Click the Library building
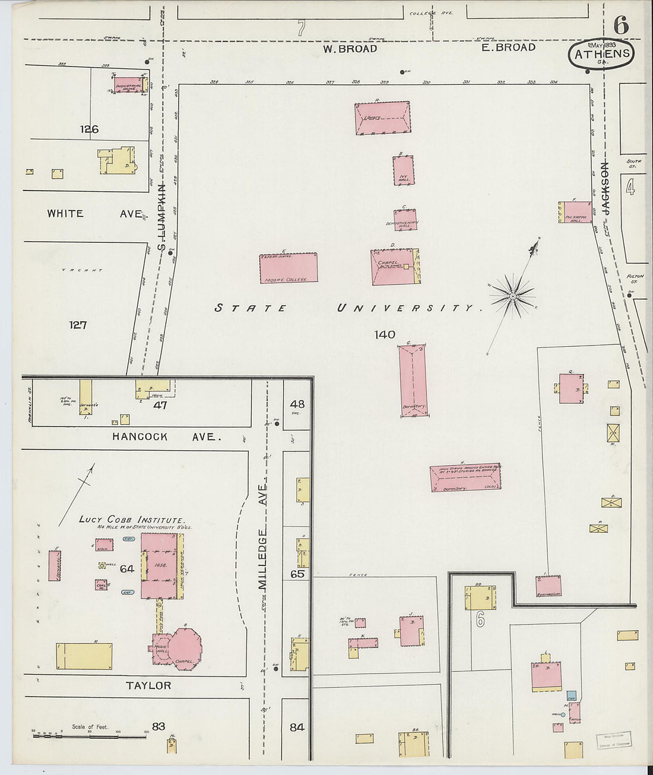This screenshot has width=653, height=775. pyautogui.click(x=382, y=118)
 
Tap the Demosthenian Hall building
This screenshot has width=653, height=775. pyautogui.click(x=405, y=220)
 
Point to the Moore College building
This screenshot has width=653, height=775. pyautogui.click(x=289, y=268)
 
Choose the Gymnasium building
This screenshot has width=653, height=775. pyautogui.click(x=548, y=586)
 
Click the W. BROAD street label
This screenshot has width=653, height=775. pyautogui.click(x=350, y=49)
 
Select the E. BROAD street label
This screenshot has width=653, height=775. pyautogui.click(x=508, y=48)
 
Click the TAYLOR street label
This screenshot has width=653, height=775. pyautogui.click(x=148, y=685)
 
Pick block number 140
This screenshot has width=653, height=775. pyautogui.click(x=385, y=335)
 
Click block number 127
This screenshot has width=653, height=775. pyautogui.click(x=78, y=325)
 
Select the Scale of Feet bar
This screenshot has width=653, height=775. pyautogui.click(x=89, y=736)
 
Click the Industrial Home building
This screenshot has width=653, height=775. pyautogui.click(x=128, y=86)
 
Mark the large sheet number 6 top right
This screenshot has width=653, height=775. pyautogui.click(x=621, y=25)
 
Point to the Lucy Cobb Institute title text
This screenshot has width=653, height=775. pyautogui.click(x=131, y=520)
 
